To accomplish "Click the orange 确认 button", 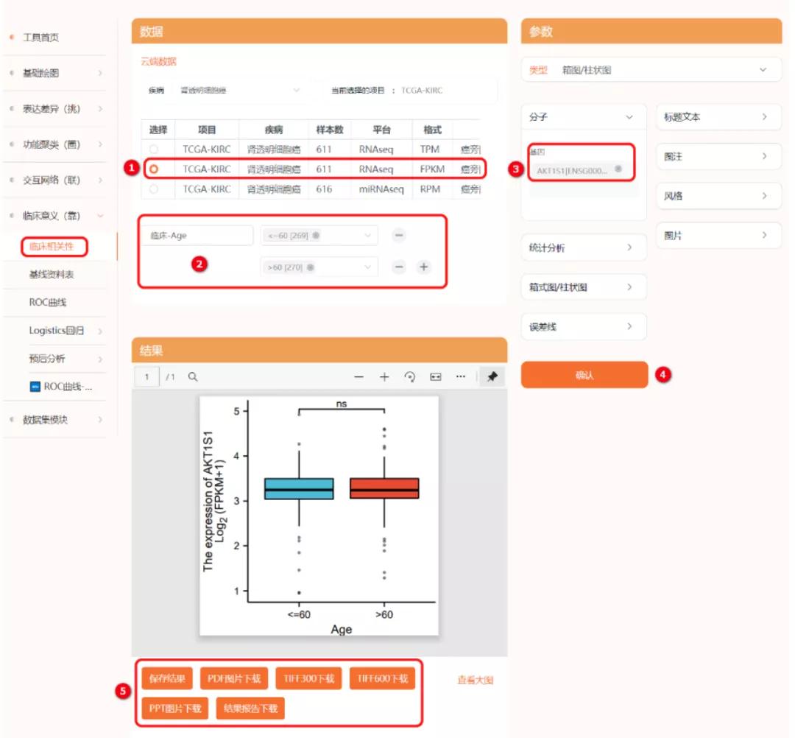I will [x=584, y=375].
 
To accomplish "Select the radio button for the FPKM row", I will [x=154, y=169].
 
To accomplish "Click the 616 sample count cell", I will [x=324, y=189].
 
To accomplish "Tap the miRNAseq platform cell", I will [x=381, y=189].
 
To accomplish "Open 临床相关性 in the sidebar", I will [x=52, y=247].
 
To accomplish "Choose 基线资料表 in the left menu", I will [x=52, y=274].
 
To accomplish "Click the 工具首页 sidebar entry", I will [x=40, y=37].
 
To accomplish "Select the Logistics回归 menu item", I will [x=57, y=331].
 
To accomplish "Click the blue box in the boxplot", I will [x=299, y=488].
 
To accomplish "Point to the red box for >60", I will [x=384, y=488].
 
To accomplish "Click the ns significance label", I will [x=342, y=404].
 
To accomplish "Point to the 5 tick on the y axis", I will [x=236, y=411].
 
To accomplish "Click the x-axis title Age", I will [x=341, y=629].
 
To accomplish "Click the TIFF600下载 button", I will [x=382, y=678].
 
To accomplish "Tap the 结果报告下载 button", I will [x=250, y=709].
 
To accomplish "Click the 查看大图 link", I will [x=475, y=680].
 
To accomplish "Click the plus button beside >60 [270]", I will [x=423, y=267].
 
